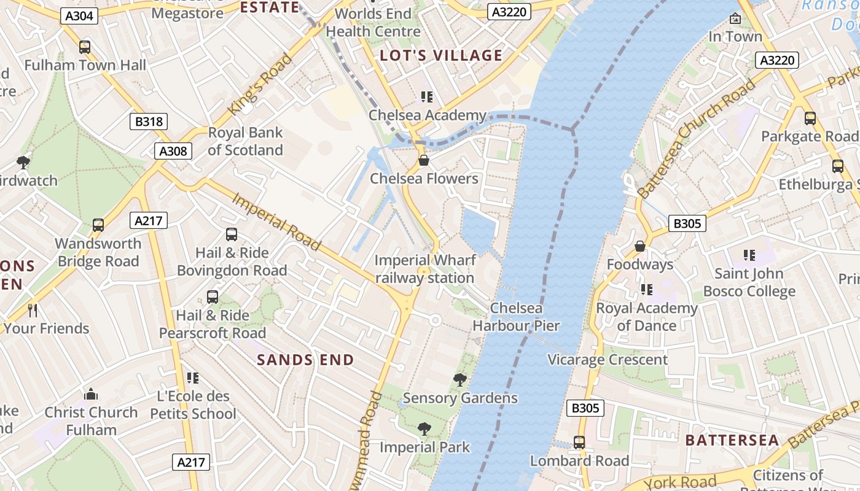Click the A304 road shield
pyautogui.click(x=80, y=16)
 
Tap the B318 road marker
pyautogui.click(x=149, y=122)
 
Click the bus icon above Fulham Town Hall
pyautogui.click(x=85, y=47)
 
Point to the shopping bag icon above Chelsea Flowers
pyautogui.click(x=423, y=161)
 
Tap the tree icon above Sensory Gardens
pyautogui.click(x=459, y=380)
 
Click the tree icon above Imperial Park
pyautogui.click(x=424, y=429)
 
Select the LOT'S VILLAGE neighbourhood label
pyautogui.click(x=441, y=56)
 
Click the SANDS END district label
pyautogui.click(x=305, y=360)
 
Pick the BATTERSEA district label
pyautogui.click(x=732, y=441)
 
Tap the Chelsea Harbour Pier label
pyautogui.click(x=516, y=317)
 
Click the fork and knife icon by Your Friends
pyautogui.click(x=33, y=311)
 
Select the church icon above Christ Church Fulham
pyautogui.click(x=91, y=394)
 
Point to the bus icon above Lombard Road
pyautogui.click(x=579, y=443)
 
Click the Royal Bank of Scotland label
pyautogui.click(x=245, y=141)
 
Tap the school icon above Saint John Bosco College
pyautogui.click(x=749, y=255)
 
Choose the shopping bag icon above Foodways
pyautogui.click(x=640, y=246)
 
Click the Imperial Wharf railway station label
pyautogui.click(x=424, y=269)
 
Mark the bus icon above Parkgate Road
pyautogui.click(x=810, y=118)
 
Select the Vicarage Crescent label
pyautogui.click(x=607, y=360)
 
